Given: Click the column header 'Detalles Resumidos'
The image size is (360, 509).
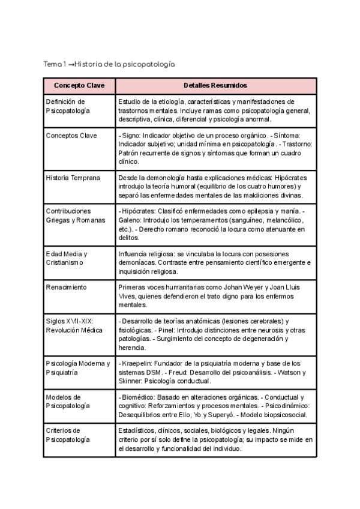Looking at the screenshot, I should pos(216,86).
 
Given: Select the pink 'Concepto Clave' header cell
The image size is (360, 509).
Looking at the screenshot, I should pos(79,86).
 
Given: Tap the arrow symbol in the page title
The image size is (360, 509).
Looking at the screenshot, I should pos(71,64).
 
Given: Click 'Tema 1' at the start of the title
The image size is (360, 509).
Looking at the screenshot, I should pos(55,64).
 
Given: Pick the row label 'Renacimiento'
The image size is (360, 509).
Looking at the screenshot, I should pos(66,288).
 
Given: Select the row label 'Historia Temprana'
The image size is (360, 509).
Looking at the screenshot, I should pos(73,178).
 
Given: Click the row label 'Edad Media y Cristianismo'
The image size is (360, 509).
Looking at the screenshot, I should pos(67,258).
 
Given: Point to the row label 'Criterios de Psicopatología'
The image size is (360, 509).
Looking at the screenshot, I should pos(68,435).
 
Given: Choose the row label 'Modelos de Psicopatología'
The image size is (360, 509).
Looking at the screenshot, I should pos(68,402).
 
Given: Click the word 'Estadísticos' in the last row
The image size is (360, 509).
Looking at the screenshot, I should pos(136,430).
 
